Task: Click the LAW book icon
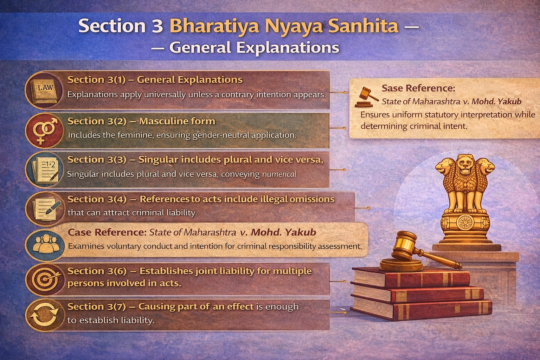[x=45, y=90]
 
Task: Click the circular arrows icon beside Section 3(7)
[x=45, y=315]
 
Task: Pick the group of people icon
[x=45, y=244]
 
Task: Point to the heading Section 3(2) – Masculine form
[x=141, y=121]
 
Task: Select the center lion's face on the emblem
[x=465, y=166]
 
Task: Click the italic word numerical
[x=279, y=174]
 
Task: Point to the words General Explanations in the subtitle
[x=254, y=48]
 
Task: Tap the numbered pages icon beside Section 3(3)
[x=45, y=170]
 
